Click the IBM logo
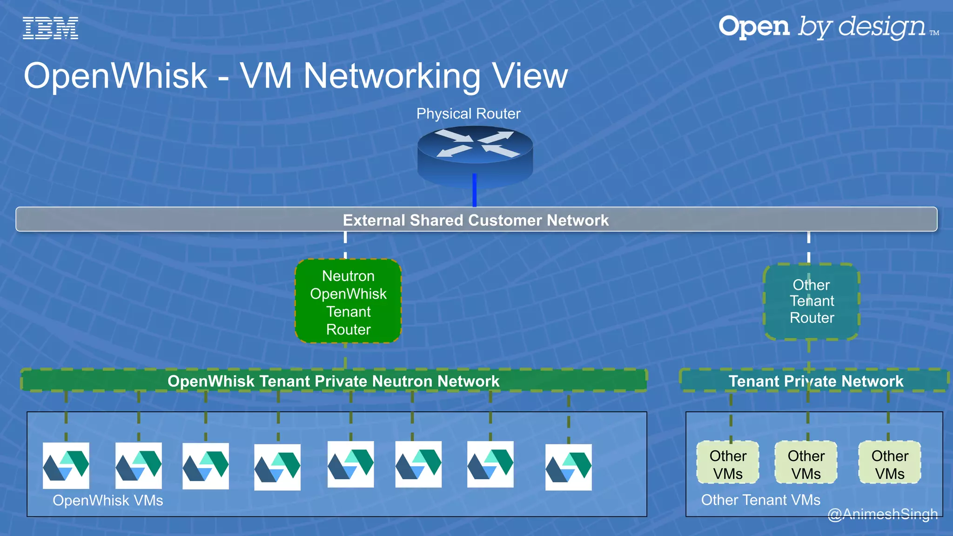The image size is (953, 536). click(50, 28)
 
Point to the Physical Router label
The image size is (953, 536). click(468, 114)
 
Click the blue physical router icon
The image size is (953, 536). click(475, 154)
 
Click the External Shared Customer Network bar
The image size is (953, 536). click(476, 220)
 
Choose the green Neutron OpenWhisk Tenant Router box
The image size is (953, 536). click(348, 302)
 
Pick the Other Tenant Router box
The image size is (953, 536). click(812, 301)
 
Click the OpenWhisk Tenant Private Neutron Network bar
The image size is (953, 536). click(333, 381)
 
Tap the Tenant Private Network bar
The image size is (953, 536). click(815, 381)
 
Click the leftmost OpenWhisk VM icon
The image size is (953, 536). click(66, 465)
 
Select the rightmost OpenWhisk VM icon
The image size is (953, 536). click(568, 467)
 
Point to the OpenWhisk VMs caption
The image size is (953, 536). click(108, 501)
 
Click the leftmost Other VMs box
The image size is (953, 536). click(728, 464)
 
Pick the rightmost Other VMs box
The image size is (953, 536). click(890, 464)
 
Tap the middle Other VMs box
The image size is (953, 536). click(806, 464)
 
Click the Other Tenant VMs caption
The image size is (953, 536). click(760, 500)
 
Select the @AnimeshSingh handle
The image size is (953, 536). click(882, 514)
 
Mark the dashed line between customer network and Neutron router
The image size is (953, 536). click(345, 245)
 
